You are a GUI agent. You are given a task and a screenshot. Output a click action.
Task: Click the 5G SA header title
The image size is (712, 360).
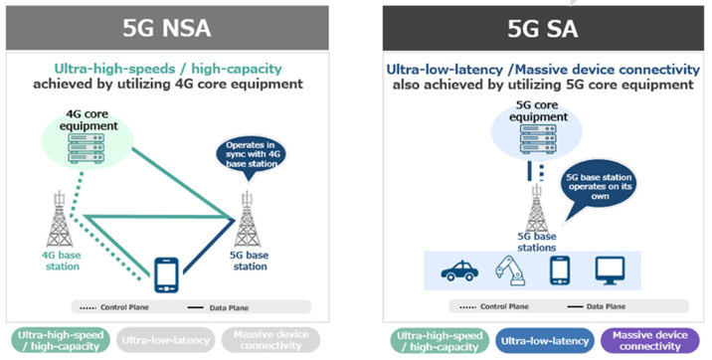click(x=540, y=27)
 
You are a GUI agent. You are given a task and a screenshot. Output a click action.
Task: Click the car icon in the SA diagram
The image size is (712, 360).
click(x=461, y=270)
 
